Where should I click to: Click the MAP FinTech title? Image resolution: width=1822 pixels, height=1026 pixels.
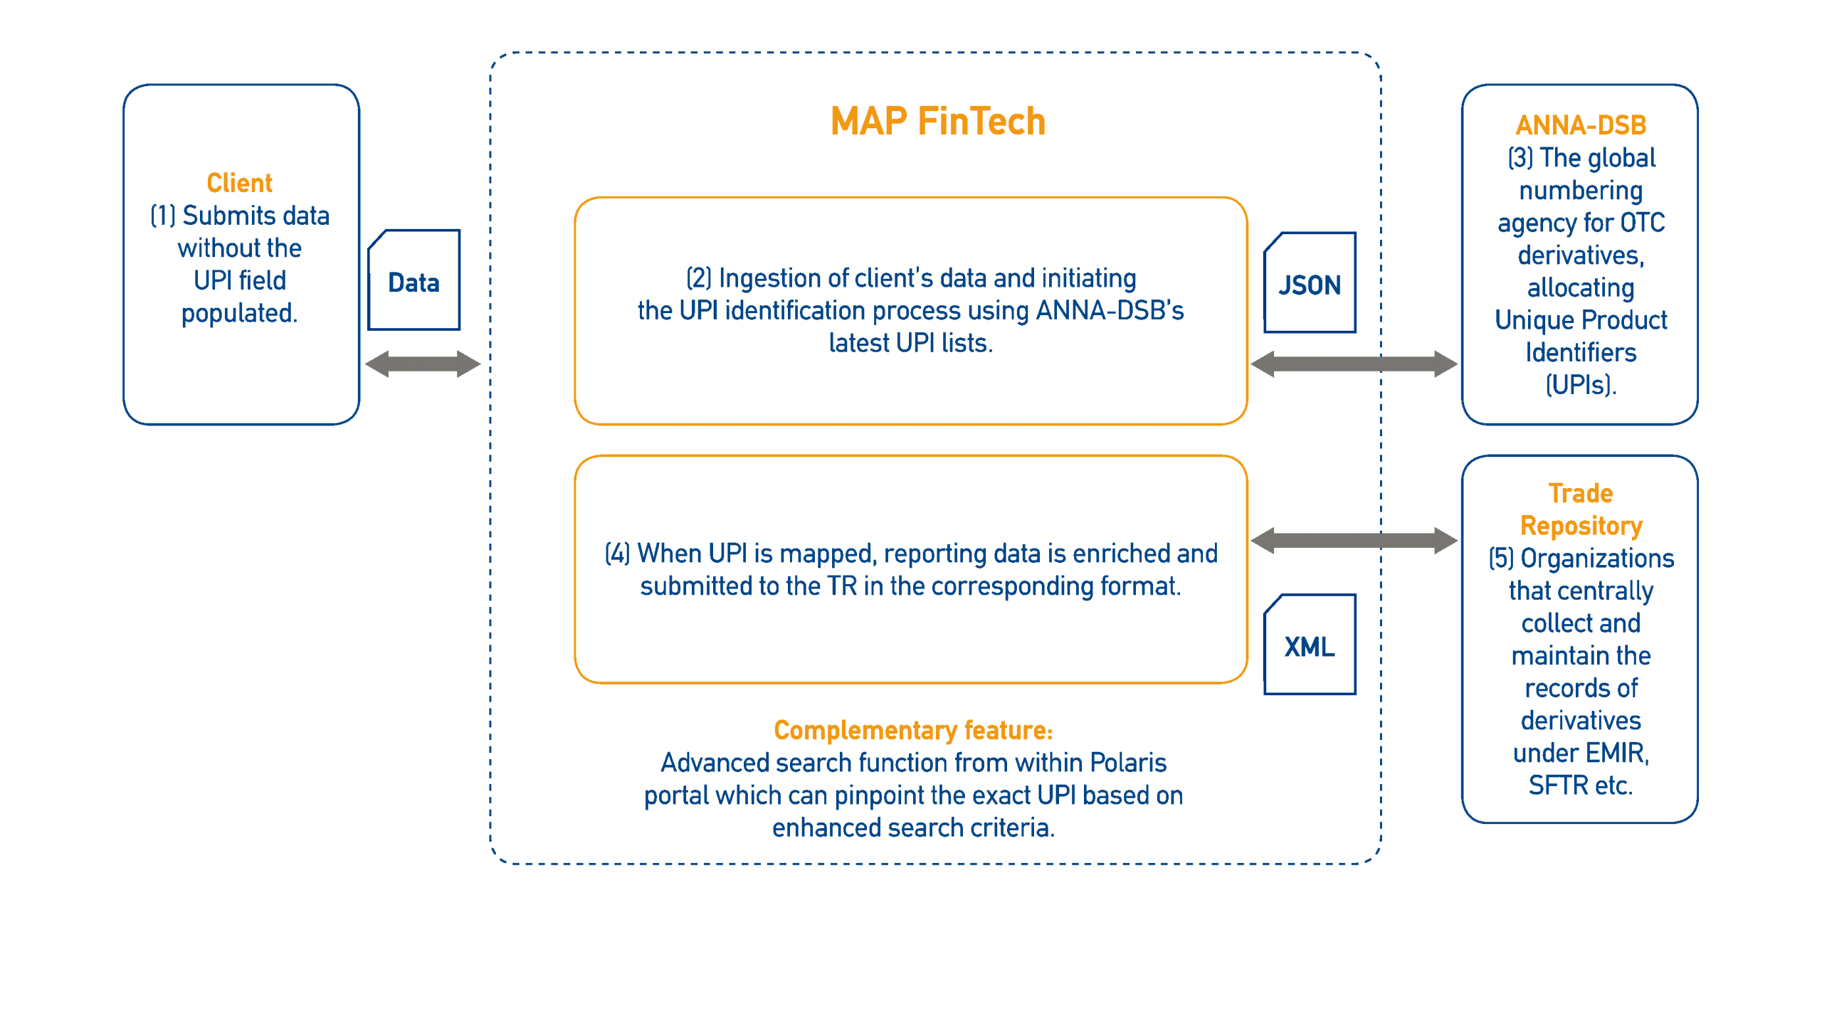937,121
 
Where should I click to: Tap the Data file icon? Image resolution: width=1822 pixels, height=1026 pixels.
414,280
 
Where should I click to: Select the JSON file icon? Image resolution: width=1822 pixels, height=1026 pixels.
1310,283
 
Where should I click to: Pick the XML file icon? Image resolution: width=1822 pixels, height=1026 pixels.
1310,645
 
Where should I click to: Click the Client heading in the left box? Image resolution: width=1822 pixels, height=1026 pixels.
239,183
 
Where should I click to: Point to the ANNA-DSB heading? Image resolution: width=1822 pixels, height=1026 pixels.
1580,125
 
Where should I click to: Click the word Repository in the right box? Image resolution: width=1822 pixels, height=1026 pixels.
1581,526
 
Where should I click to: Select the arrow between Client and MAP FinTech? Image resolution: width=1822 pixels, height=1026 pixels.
423,364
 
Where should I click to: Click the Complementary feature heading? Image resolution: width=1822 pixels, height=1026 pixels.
912,730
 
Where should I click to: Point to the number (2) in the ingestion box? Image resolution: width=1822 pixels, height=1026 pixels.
698,278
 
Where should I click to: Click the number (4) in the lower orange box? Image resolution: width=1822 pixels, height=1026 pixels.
617,554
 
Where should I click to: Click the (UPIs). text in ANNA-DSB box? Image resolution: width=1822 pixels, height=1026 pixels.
1581,385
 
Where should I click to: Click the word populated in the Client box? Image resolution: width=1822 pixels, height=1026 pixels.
239,313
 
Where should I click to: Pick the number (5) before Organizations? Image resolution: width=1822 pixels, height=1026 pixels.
1500,559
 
